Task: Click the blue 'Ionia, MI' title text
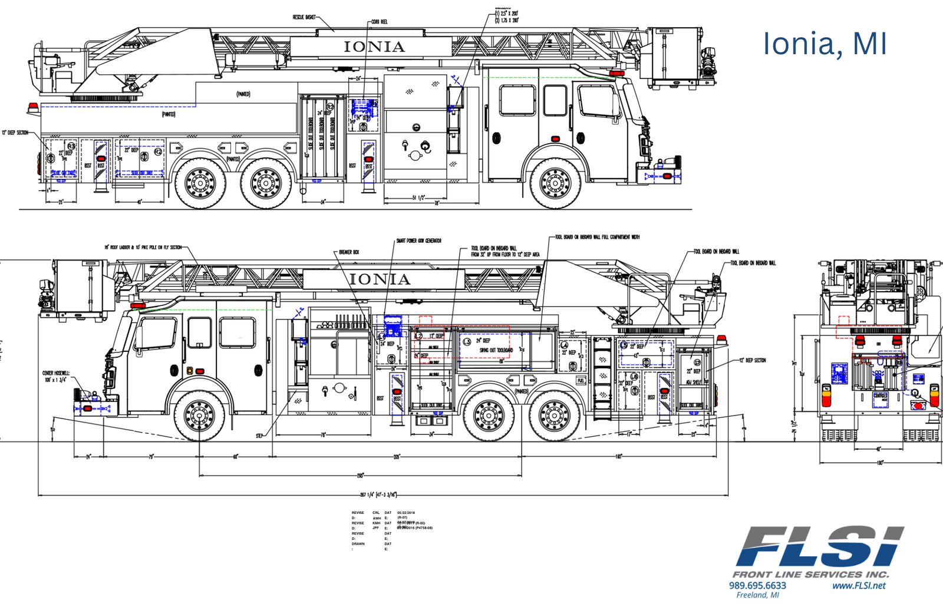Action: pyautogui.click(x=825, y=44)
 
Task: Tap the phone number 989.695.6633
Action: pyautogui.click(x=757, y=585)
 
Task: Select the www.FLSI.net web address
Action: pyautogui.click(x=859, y=585)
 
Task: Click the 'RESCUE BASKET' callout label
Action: pyautogui.click(x=305, y=17)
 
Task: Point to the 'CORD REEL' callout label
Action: pyautogui.click(x=379, y=22)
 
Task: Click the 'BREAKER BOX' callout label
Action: pyautogui.click(x=349, y=252)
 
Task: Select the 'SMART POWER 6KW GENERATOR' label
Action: pyautogui.click(x=418, y=241)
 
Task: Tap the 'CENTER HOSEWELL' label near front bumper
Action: pyautogui.click(x=55, y=373)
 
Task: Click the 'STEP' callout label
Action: pyautogui.click(x=259, y=436)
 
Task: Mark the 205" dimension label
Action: pyautogui.click(x=396, y=457)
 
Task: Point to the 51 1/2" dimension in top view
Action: pyautogui.click(x=418, y=197)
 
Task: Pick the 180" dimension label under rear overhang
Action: pyautogui.click(x=619, y=457)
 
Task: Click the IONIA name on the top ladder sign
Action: pyautogui.click(x=374, y=47)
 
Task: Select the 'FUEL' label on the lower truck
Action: pyautogui.click(x=581, y=381)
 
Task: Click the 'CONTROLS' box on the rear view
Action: pyautogui.click(x=881, y=395)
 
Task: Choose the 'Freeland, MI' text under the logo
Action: pyautogui.click(x=757, y=595)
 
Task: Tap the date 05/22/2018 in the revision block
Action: pyautogui.click(x=406, y=513)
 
